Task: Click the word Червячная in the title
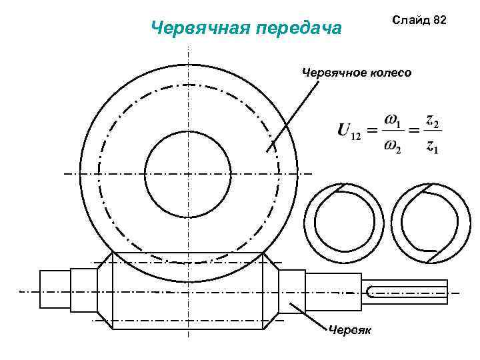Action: coord(194,28)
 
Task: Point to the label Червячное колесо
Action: coord(357,71)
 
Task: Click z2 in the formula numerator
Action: coord(433,122)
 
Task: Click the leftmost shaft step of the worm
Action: coord(55,289)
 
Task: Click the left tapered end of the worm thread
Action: coord(107,291)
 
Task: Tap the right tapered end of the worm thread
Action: coord(270,291)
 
